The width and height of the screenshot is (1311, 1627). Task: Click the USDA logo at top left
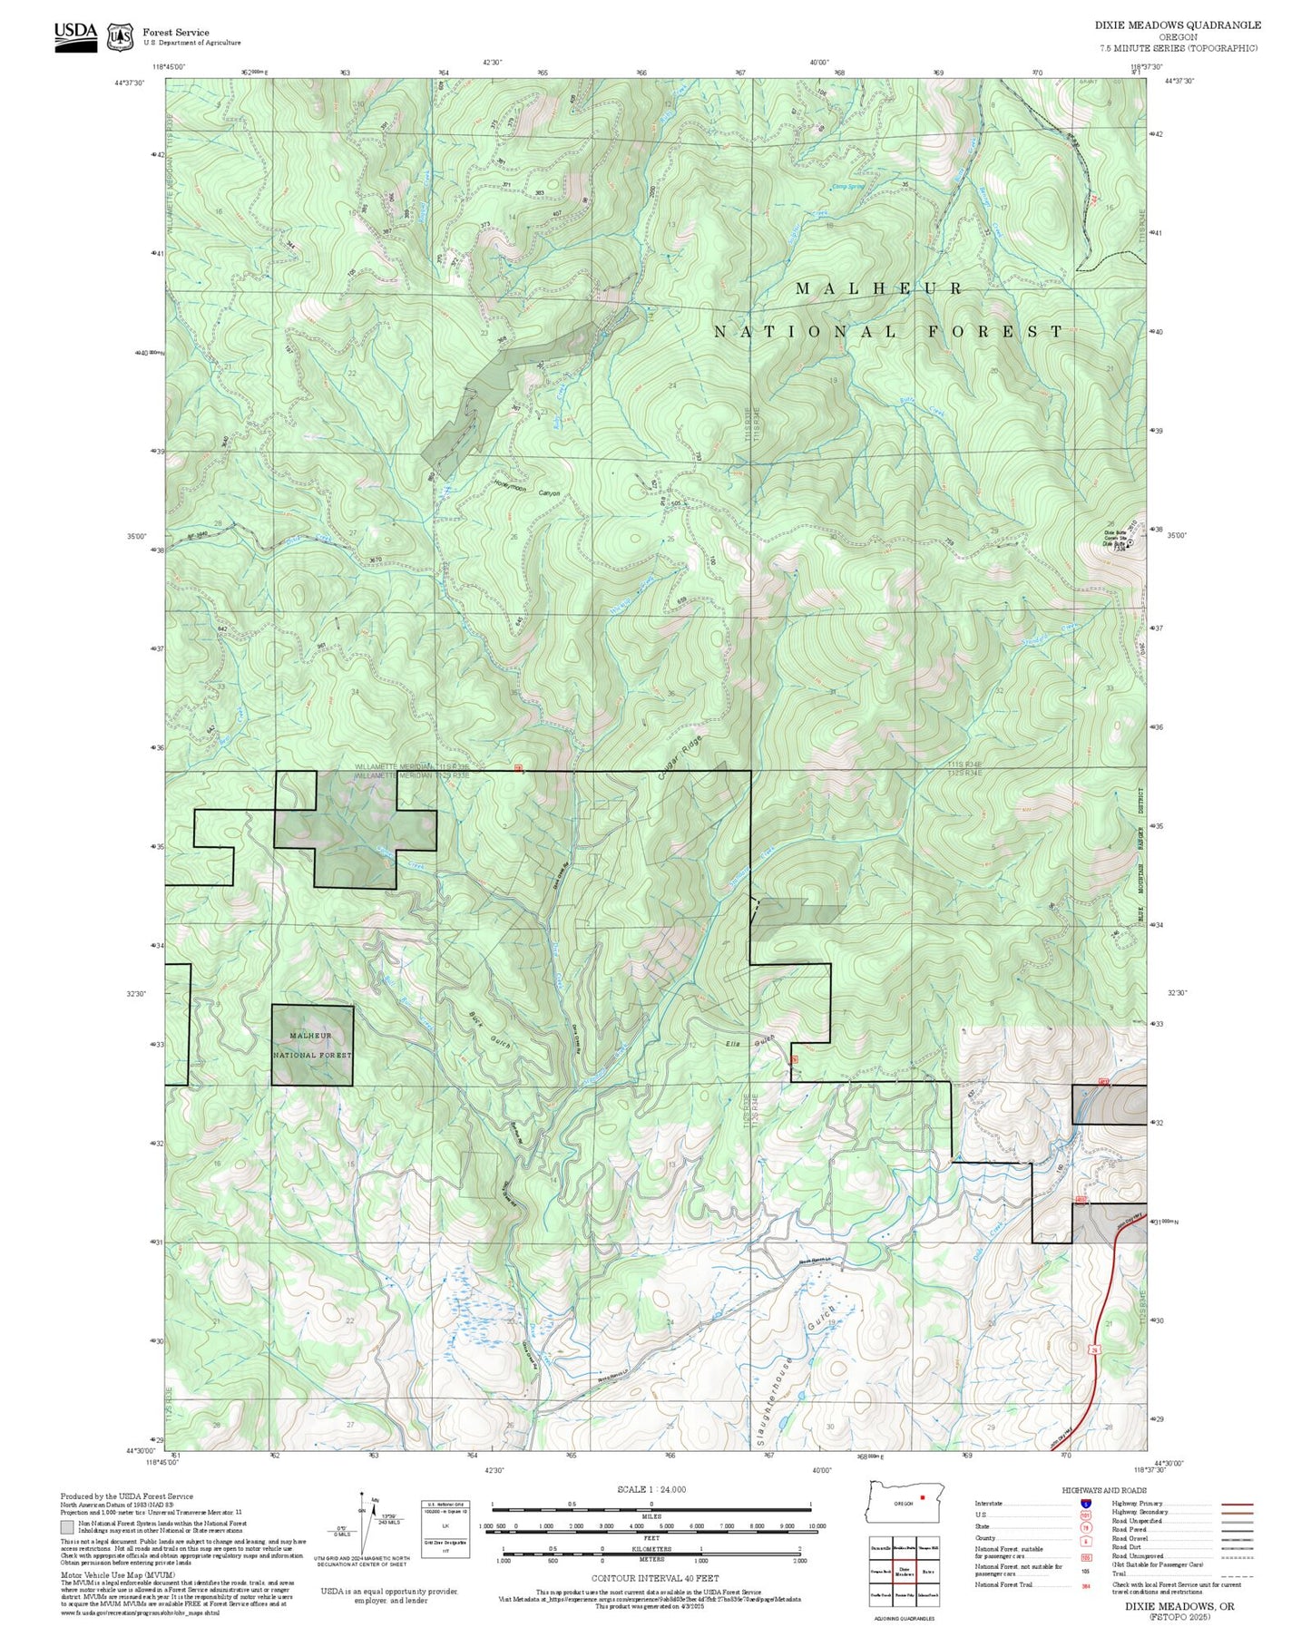[75, 34]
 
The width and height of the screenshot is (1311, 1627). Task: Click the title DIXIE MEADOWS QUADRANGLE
[1177, 24]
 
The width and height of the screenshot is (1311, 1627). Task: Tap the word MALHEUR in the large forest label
[878, 288]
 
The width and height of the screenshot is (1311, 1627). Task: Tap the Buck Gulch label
[491, 1030]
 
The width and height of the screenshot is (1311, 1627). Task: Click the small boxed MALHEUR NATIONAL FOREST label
[311, 1045]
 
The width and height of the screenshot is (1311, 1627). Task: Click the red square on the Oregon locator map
[922, 1497]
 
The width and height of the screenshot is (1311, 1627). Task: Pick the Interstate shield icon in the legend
[1086, 1504]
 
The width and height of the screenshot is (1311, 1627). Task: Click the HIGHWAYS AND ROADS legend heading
[1112, 1491]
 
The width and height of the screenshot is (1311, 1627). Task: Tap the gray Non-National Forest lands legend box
[66, 1527]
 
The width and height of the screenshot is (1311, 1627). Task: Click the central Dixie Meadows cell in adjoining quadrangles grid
[904, 1570]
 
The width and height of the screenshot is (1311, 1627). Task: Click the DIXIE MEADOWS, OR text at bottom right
[1179, 1606]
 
